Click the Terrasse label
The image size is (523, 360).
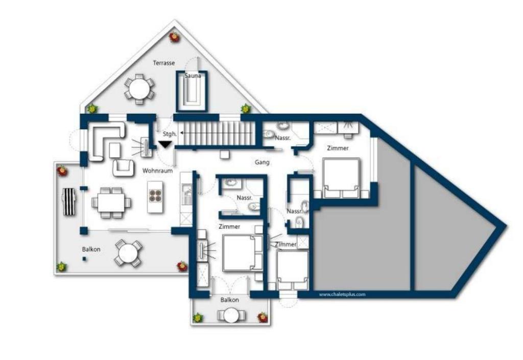click(x=164, y=63)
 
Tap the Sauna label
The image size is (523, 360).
click(x=193, y=76)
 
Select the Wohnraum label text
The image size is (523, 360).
click(x=157, y=171)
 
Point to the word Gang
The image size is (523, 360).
click(x=262, y=162)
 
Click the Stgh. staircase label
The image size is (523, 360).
click(x=170, y=134)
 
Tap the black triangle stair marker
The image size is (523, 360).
click(x=165, y=145)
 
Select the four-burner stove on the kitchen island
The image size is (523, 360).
click(x=155, y=196)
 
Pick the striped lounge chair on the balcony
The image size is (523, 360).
click(x=69, y=201)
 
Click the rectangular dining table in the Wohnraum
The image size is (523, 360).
click(x=111, y=202)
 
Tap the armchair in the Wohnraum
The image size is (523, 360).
click(x=123, y=167)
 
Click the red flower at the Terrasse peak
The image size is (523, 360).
click(x=174, y=37)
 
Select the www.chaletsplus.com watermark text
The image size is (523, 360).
click(x=342, y=294)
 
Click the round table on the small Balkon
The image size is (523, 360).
click(x=231, y=315)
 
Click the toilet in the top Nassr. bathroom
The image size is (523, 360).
click(x=268, y=134)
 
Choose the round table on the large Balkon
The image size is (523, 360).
click(x=128, y=253)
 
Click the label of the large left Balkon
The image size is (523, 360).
click(x=91, y=249)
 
